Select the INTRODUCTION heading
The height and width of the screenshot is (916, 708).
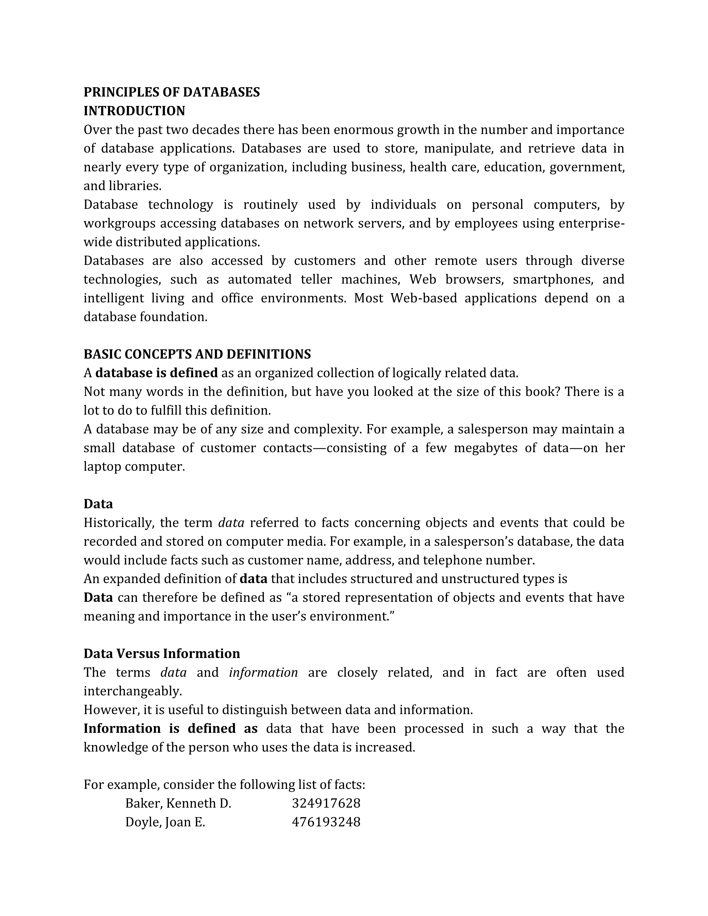tap(134, 111)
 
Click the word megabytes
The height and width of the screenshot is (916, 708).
tap(485, 448)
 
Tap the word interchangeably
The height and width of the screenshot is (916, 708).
tap(132, 691)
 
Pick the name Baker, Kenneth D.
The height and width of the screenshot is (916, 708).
tap(178, 804)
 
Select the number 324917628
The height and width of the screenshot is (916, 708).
tap(326, 804)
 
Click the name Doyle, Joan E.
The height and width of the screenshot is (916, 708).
tap(165, 822)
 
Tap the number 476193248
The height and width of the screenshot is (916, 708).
tap(326, 822)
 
